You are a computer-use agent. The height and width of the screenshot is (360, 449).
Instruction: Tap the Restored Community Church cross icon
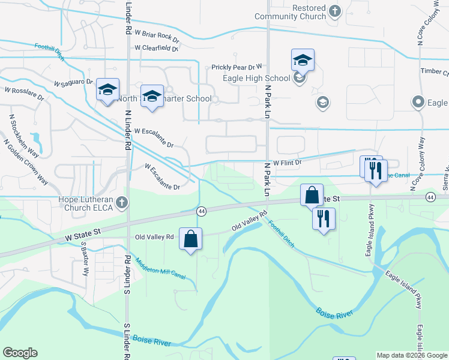(x=335, y=12)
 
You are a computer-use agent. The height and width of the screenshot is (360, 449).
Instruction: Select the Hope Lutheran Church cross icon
(x=122, y=202)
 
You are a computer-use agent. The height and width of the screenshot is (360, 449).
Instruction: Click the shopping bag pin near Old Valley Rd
(x=190, y=239)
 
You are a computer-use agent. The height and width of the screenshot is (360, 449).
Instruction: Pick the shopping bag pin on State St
(x=312, y=195)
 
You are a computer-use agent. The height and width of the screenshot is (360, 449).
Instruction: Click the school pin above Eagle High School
(x=303, y=60)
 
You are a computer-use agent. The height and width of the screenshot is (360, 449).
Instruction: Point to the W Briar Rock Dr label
(x=157, y=36)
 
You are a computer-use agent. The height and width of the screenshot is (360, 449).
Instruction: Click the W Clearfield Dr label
(x=157, y=48)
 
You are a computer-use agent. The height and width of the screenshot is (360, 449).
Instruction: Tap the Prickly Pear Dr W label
(x=237, y=68)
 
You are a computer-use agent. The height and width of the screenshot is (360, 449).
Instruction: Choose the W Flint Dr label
(x=287, y=163)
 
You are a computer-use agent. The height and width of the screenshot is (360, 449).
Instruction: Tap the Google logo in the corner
(x=20, y=353)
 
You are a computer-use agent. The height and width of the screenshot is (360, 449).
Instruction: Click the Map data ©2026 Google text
(x=411, y=355)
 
